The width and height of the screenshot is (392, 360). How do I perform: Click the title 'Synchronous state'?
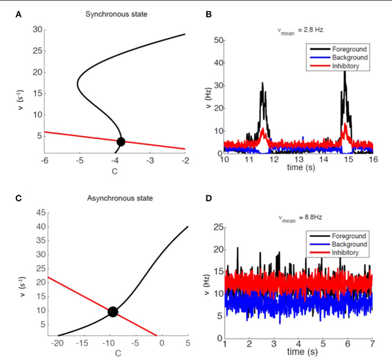115,13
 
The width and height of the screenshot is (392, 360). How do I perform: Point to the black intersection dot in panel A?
121,141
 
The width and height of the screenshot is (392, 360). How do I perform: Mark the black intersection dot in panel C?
113,312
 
